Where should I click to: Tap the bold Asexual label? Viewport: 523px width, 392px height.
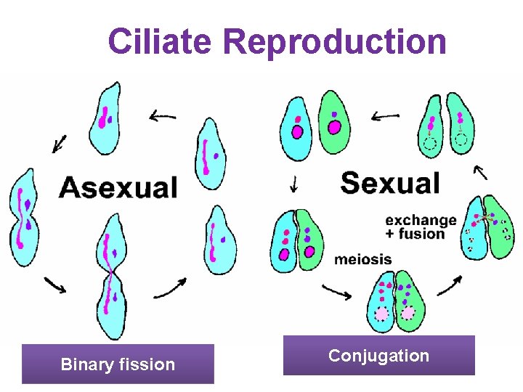(x=118, y=187)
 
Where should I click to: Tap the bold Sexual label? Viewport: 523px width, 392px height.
(x=390, y=183)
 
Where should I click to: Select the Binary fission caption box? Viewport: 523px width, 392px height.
(x=118, y=364)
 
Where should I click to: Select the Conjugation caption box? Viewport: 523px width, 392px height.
(x=378, y=356)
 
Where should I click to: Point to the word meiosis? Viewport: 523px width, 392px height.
(x=362, y=259)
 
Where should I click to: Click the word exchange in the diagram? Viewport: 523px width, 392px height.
(x=421, y=220)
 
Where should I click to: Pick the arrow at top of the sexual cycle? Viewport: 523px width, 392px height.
(x=384, y=115)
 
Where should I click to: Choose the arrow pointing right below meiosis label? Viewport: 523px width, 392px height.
(x=336, y=291)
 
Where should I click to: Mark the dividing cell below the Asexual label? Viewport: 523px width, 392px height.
(x=111, y=276)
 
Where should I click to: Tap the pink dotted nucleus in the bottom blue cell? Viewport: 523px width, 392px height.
(x=381, y=313)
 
